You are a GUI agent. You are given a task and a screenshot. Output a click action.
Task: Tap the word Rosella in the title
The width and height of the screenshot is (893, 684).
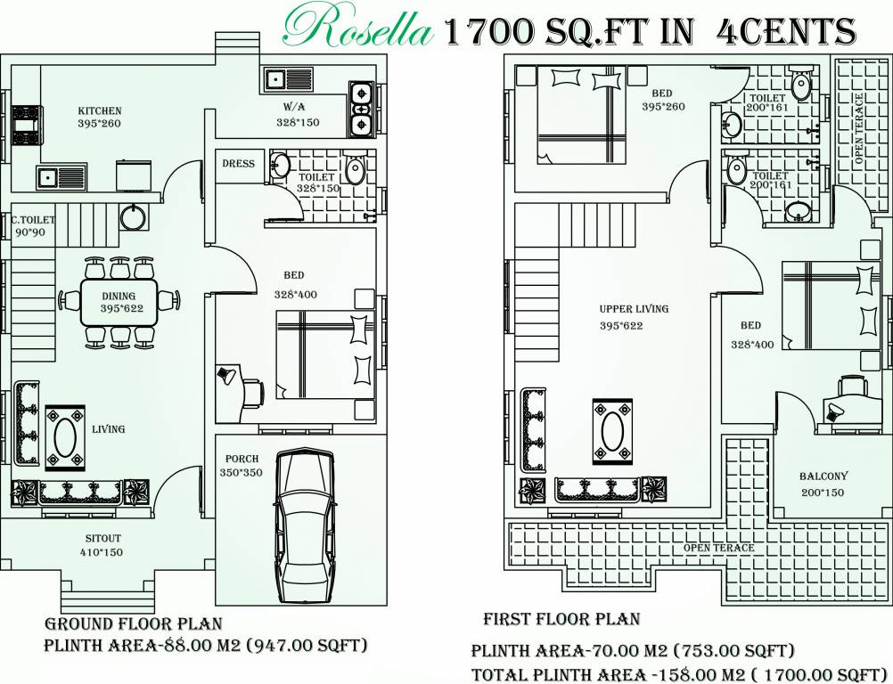(357, 29)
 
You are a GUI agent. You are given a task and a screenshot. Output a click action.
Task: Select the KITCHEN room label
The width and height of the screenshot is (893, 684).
(99, 110)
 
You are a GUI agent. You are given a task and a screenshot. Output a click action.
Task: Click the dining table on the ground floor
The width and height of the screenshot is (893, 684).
(119, 302)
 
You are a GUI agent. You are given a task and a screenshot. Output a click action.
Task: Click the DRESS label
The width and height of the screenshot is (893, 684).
(238, 164)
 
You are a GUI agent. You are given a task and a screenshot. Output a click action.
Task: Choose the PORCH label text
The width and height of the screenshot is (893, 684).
(242, 460)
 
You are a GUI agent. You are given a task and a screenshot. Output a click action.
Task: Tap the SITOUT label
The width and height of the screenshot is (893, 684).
(102, 539)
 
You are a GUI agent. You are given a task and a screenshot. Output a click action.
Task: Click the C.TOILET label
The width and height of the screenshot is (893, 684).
(33, 220)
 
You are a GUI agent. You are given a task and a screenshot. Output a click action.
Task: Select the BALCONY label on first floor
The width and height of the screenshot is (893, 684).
(823, 476)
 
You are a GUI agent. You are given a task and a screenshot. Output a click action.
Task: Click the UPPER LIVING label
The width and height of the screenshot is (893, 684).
(634, 309)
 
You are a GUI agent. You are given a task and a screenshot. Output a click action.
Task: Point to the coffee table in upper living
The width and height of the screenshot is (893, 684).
(613, 432)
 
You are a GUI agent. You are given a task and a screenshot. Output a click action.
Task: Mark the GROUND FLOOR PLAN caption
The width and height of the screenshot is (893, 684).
(133, 624)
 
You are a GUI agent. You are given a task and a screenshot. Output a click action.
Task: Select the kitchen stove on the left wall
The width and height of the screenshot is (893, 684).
(26, 126)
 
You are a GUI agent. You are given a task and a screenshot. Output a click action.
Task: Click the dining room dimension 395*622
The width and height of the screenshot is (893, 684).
(119, 309)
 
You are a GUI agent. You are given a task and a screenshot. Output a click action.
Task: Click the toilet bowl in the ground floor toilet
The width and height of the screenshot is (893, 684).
(355, 170)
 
